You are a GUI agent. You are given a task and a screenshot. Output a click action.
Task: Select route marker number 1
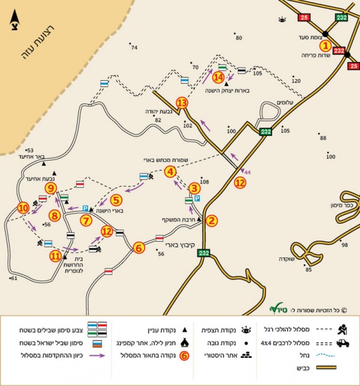[326, 46]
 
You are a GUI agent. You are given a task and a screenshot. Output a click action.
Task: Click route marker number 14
[219, 77]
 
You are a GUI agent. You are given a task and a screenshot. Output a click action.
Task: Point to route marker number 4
[170, 172]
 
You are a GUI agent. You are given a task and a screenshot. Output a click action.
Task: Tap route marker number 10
[24, 208]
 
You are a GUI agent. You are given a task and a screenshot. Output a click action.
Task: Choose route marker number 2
[213, 221]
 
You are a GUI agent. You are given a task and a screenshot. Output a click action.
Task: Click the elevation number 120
[296, 81]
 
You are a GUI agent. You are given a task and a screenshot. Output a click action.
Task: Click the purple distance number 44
[247, 172]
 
